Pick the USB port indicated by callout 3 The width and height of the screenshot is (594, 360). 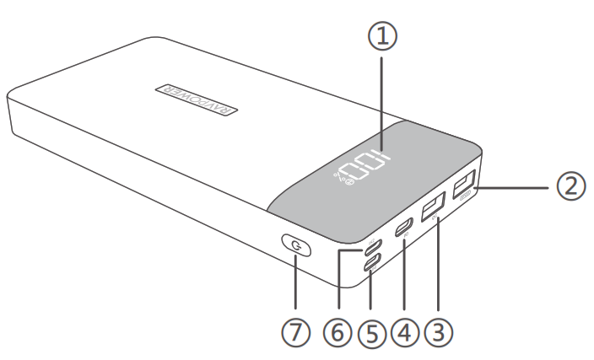click(x=434, y=207)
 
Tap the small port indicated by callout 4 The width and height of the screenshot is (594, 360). click(x=406, y=226)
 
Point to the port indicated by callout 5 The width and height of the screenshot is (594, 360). click(x=372, y=263)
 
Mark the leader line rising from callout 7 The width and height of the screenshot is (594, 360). click(x=294, y=287)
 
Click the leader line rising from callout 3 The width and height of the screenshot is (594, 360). click(x=438, y=270)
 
